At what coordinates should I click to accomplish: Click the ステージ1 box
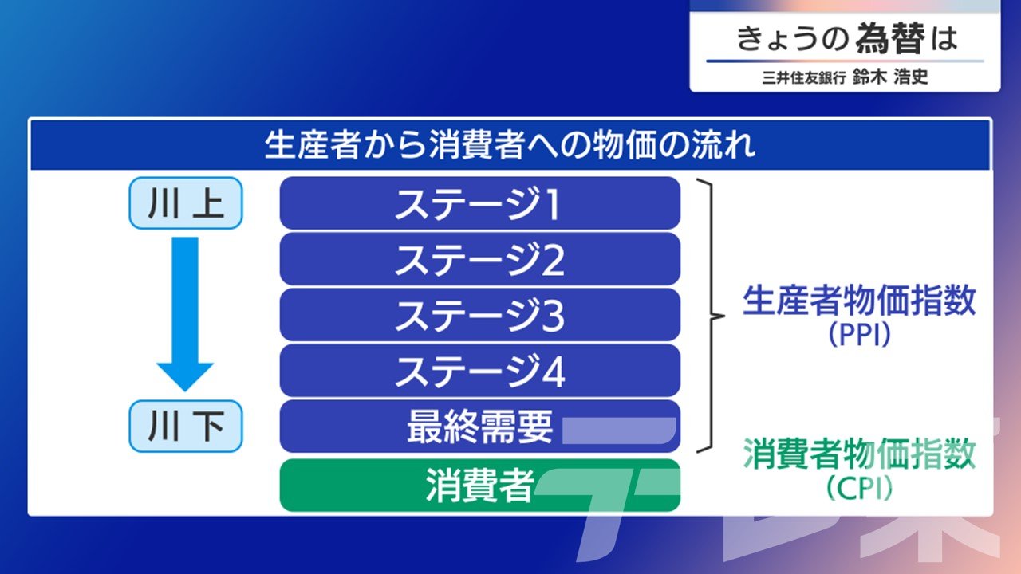pos(480,203)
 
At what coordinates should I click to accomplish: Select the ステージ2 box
pos(480,259)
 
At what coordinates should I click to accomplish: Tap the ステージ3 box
pos(480,315)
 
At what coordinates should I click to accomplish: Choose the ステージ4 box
pos(480,371)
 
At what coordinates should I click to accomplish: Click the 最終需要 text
pos(480,427)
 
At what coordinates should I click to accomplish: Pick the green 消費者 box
pos(480,486)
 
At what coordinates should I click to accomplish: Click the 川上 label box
pos(186,203)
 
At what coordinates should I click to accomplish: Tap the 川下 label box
pos(186,427)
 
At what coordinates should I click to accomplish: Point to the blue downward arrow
pos(185,314)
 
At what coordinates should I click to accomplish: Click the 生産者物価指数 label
pos(859,301)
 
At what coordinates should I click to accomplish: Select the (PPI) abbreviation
pos(859,335)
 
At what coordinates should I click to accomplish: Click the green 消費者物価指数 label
pos(859,454)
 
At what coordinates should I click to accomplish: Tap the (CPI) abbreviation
pos(859,488)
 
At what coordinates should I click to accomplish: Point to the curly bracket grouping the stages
pos(712,316)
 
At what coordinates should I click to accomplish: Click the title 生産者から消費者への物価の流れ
pos(510,145)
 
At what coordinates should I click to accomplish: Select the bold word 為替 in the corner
pos(890,38)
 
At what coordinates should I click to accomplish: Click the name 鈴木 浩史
pos(890,77)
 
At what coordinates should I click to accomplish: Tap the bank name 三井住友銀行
pos(803,77)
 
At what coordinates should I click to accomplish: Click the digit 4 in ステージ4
pos(554,372)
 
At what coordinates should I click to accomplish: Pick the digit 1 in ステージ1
pos(553,204)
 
